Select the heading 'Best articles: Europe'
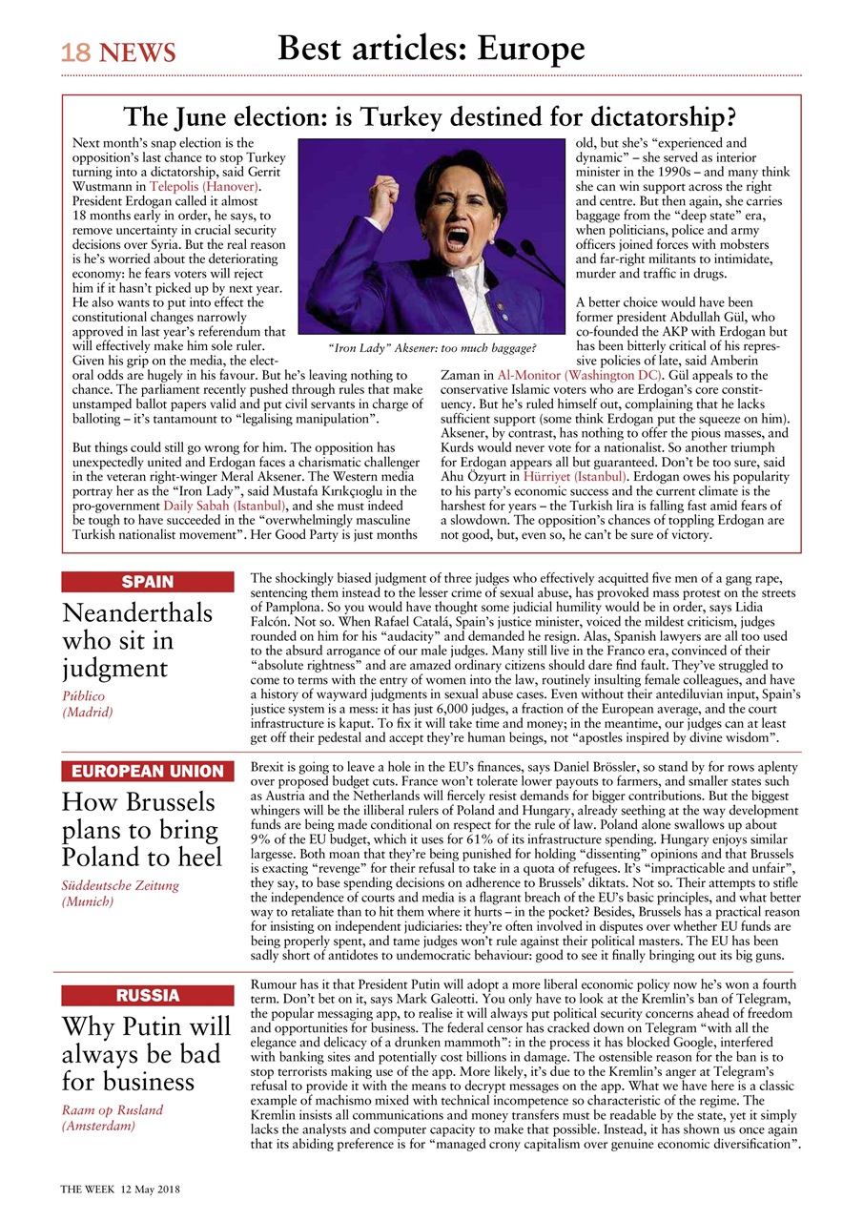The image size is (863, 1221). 431,48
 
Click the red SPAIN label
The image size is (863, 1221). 147,582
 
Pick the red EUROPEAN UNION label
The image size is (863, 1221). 147,771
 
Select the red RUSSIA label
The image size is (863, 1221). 147,996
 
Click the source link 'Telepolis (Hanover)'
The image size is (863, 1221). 205,188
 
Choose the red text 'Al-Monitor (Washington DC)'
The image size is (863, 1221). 580,376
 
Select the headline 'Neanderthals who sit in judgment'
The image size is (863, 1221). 137,638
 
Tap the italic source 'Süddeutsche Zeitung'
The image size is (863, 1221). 120,885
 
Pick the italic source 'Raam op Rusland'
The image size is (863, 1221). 113,1109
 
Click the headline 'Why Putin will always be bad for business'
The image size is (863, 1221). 146,1054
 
